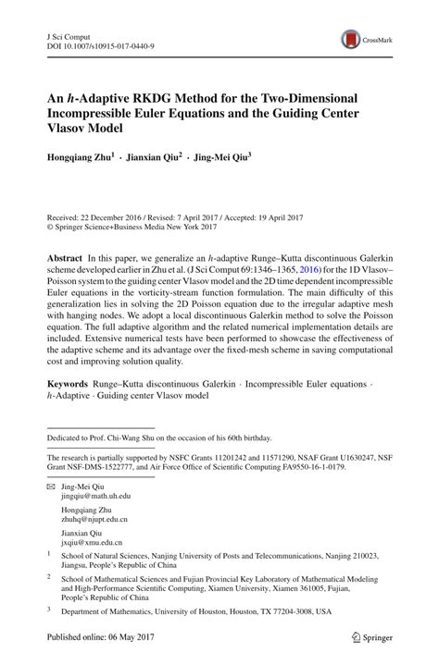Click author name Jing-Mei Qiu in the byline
(x=243, y=158)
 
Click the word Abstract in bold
(x=67, y=254)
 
